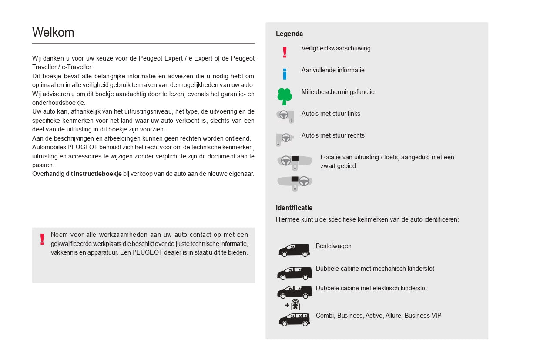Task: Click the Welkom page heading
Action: point(53,33)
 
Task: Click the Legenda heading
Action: point(289,34)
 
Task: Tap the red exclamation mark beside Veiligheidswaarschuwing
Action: point(285,53)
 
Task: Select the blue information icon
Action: point(285,74)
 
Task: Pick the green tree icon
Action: point(285,96)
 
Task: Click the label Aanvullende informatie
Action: point(333,70)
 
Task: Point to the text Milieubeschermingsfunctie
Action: point(338,92)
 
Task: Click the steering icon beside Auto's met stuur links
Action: point(285,116)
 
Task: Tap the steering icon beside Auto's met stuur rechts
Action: point(285,138)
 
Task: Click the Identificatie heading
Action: point(294,208)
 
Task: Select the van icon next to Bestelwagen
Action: point(294,250)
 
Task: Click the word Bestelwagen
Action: point(333,246)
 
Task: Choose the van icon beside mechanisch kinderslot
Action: point(295,273)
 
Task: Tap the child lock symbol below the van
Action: point(295,305)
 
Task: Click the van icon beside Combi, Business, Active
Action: point(294,319)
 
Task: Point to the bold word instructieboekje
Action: point(98,174)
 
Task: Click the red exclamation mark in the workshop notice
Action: point(42,239)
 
